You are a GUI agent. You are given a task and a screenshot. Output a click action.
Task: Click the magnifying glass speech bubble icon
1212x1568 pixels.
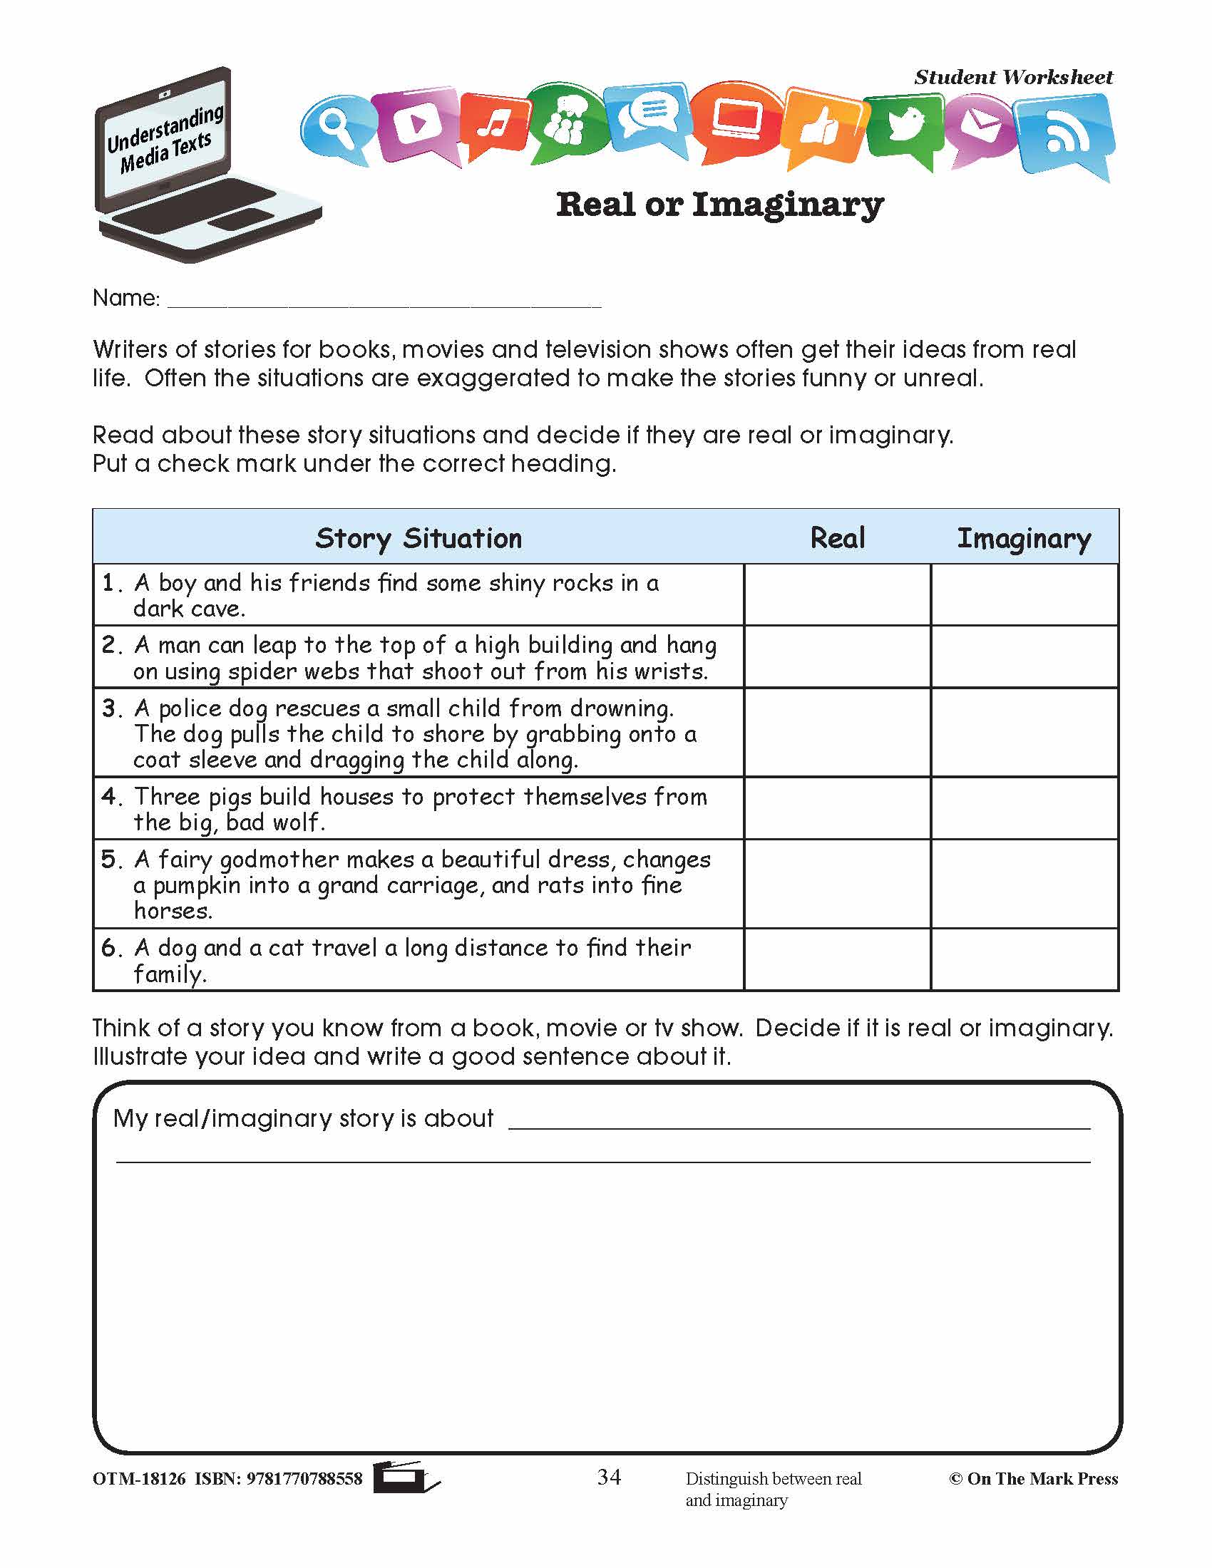pyautogui.click(x=335, y=128)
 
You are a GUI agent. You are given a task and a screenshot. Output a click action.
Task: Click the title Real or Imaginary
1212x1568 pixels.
pyautogui.click(x=719, y=205)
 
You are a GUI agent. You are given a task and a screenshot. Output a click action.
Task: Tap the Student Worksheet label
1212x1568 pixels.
pyautogui.click(x=1013, y=78)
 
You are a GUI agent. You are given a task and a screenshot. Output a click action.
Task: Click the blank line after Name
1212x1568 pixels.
pyautogui.click(x=384, y=300)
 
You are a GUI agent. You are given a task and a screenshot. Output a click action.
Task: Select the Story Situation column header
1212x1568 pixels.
pyautogui.click(x=418, y=537)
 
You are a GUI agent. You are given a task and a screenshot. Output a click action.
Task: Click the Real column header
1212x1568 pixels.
pyautogui.click(x=837, y=537)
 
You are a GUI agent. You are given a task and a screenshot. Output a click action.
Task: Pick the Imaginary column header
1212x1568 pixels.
pyautogui.click(x=1024, y=537)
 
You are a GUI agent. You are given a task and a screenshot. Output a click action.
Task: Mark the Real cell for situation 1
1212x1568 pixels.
pyautogui.click(x=837, y=594)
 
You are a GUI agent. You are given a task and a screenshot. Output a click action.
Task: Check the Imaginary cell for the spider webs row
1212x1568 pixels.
pyautogui.click(x=1024, y=657)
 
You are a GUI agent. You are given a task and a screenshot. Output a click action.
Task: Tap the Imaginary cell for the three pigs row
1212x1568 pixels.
pyautogui.click(x=1024, y=808)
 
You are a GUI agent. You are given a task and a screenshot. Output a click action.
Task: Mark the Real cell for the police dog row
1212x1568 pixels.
pyautogui.click(x=837, y=733)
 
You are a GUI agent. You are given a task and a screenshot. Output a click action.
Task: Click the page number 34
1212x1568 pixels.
pyautogui.click(x=609, y=1476)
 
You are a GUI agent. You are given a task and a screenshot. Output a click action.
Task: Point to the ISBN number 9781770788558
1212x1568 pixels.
pyautogui.click(x=304, y=1478)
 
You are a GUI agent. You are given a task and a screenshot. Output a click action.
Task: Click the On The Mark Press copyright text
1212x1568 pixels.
pyautogui.click(x=1034, y=1478)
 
